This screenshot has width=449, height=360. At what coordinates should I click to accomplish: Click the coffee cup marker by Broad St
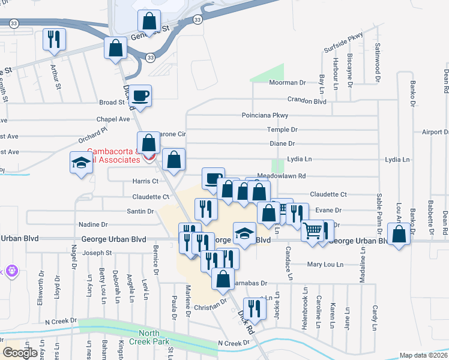(140, 96)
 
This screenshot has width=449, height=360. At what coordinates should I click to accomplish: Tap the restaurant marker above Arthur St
(54, 40)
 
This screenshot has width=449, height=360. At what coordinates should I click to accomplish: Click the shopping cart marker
(312, 230)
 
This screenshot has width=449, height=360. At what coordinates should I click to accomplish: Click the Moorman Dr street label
(287, 83)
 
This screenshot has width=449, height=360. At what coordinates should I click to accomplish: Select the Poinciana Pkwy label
(265, 115)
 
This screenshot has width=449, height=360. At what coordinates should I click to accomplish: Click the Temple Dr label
(282, 130)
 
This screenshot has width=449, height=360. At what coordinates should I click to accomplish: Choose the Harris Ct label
(145, 181)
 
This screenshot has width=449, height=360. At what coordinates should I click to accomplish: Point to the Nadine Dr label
(93, 224)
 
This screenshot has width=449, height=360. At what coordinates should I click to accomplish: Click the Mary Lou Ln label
(325, 264)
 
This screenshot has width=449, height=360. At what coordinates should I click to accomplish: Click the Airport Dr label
(435, 132)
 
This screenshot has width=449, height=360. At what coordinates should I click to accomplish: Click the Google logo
(20, 353)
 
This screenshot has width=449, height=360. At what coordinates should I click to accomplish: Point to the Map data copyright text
(423, 355)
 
